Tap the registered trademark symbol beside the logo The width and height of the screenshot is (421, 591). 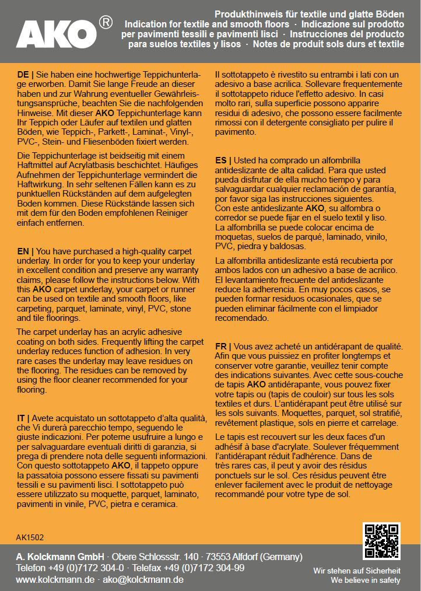point(106,22)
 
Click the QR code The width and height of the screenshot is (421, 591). point(381,541)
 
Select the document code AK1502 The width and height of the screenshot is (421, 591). point(30,537)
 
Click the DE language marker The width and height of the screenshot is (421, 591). point(23,75)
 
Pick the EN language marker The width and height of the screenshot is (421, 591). point(23,251)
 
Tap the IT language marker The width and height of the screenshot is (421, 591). point(22,419)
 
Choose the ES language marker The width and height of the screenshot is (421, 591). point(222,160)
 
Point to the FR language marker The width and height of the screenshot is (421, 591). point(222,346)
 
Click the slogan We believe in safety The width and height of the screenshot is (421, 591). point(366,580)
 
